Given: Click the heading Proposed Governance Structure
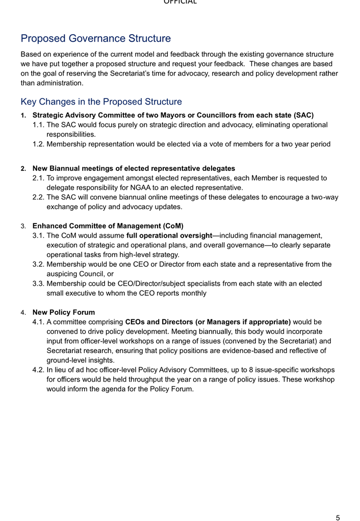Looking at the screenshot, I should (95, 38).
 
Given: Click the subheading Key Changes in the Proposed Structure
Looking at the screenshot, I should (101, 102).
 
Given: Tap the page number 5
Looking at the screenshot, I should (338, 517).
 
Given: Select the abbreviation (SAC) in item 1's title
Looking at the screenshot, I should (303, 115).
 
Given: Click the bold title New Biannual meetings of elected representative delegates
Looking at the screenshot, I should (134, 168).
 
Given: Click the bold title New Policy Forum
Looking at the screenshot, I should (64, 312).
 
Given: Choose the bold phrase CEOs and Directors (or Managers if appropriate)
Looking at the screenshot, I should (208, 321).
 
